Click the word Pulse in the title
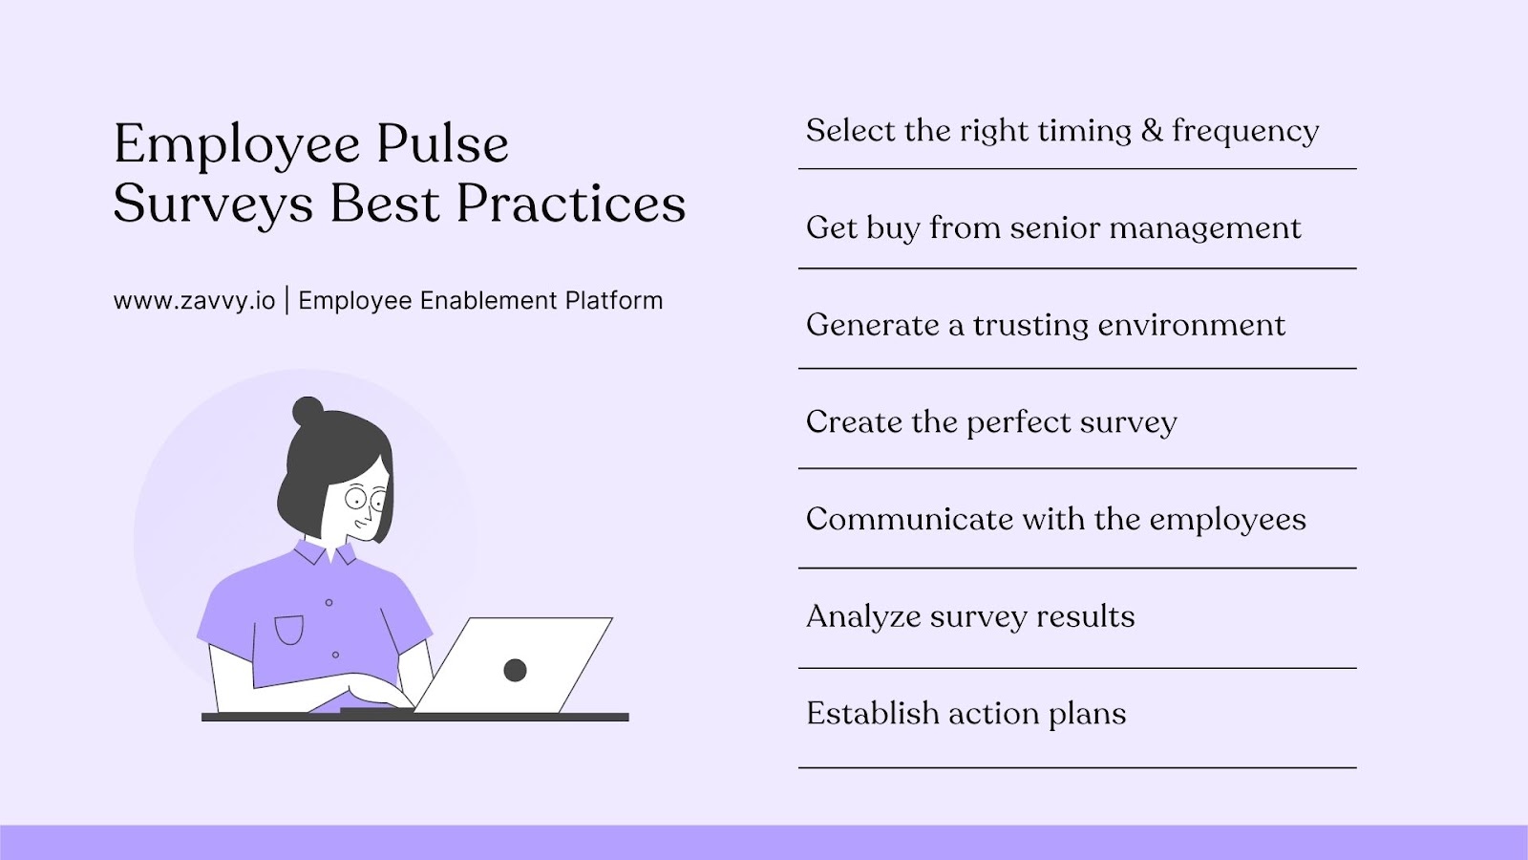(x=441, y=145)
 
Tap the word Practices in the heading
(x=570, y=204)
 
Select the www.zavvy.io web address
(x=194, y=301)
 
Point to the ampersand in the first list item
(x=1152, y=131)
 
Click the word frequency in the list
(x=1245, y=132)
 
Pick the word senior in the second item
(x=1054, y=228)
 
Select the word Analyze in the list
(x=862, y=617)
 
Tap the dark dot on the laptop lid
(x=515, y=670)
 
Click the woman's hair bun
(x=308, y=411)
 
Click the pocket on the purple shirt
(x=288, y=631)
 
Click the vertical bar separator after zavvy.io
(x=286, y=301)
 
